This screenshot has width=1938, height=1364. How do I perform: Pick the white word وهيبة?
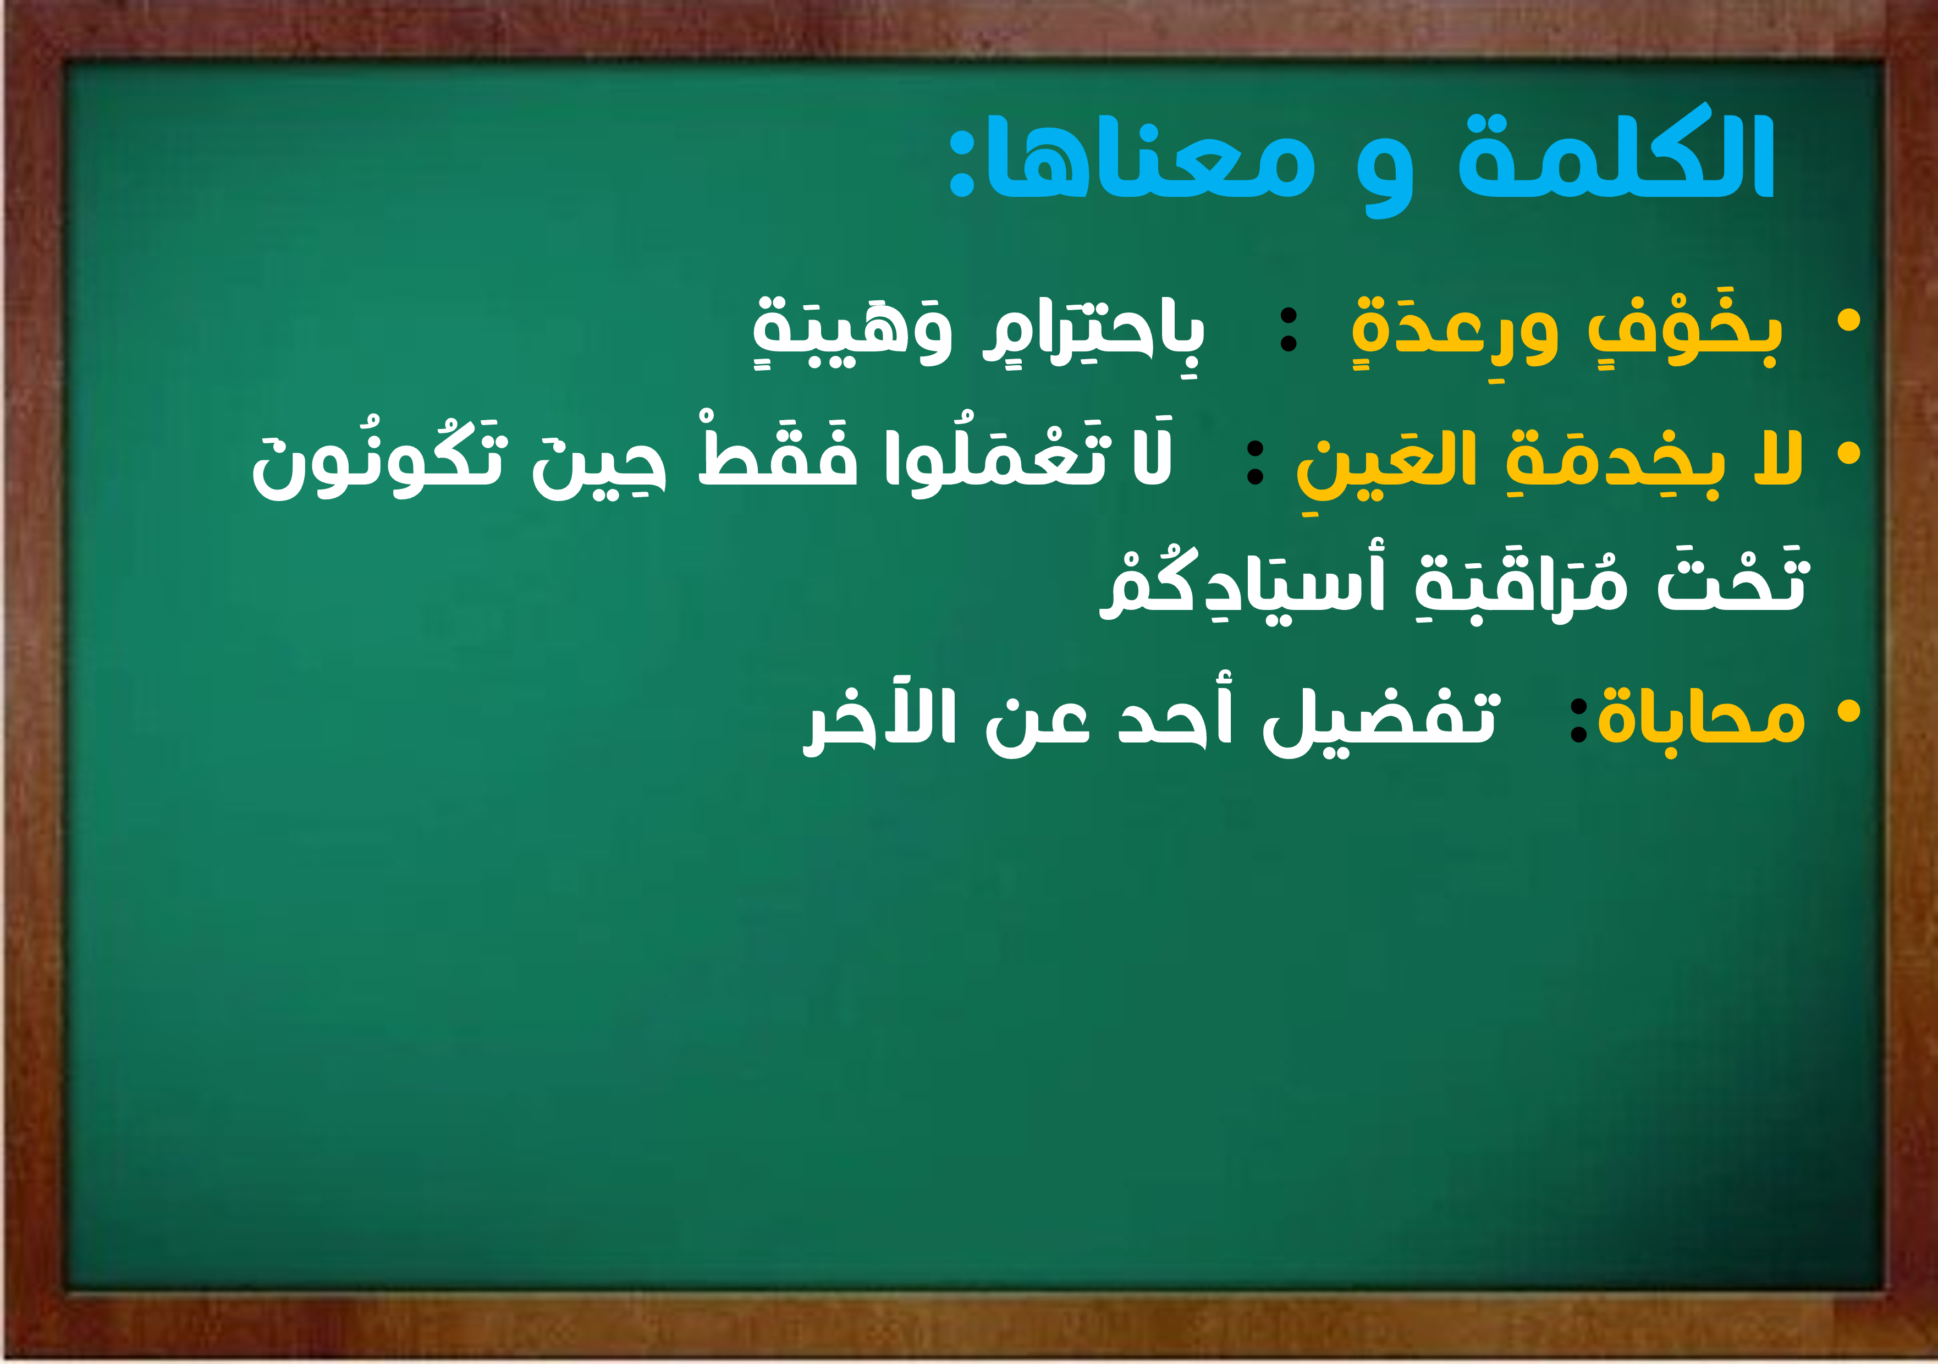click(x=852, y=331)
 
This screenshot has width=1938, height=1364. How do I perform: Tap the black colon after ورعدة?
click(x=1289, y=330)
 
